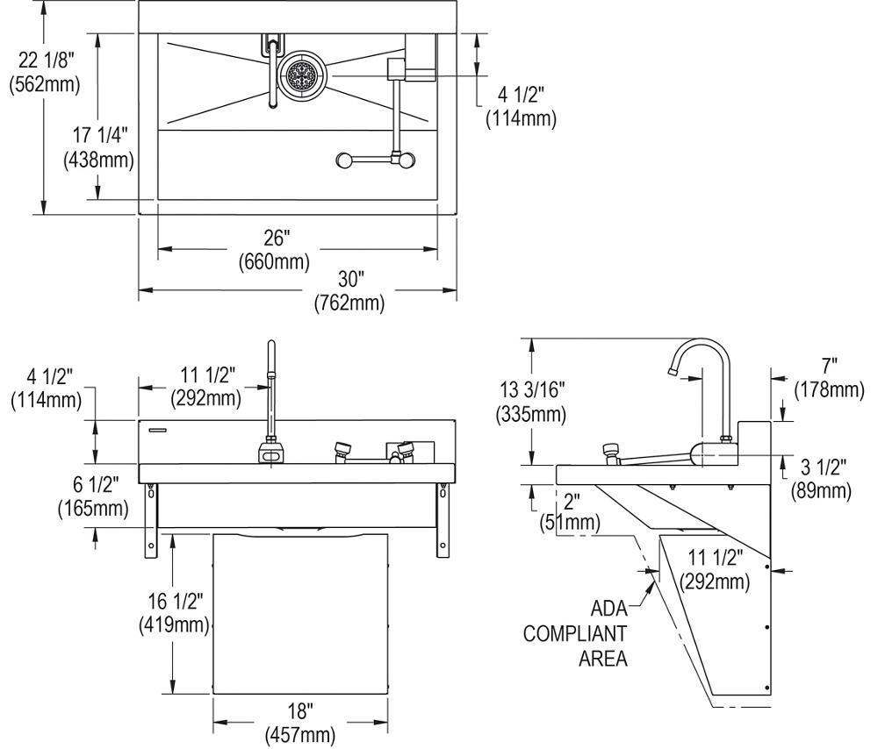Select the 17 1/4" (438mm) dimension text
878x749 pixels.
pos(98,147)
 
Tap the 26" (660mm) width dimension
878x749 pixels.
pos(275,249)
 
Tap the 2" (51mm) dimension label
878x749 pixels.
pos(571,512)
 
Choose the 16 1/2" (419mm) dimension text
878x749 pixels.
pos(173,612)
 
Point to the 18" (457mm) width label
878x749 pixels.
pos(299,722)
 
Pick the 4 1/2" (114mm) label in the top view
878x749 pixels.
pos(521,108)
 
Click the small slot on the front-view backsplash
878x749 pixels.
pos(157,429)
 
